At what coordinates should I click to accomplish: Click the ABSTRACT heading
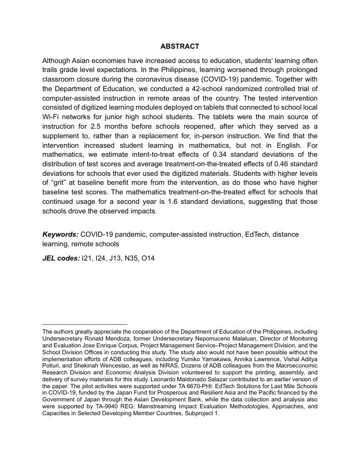pos(180,47)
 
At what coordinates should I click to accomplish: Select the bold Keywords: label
pos(60,234)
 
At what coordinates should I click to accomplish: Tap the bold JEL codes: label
pos(61,258)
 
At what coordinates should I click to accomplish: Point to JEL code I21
pos(87,258)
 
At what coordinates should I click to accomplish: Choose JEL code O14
pos(147,258)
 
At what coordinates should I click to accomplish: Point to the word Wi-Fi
pos(52,117)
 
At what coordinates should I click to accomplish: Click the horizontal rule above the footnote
pos(85,324)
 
